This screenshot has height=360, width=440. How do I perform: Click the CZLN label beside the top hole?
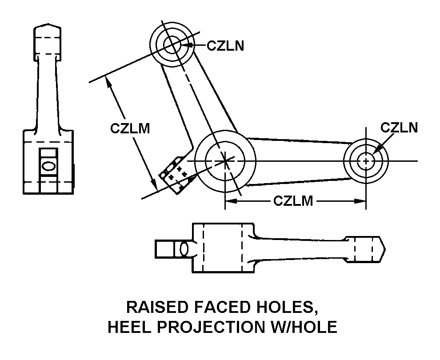point(226,45)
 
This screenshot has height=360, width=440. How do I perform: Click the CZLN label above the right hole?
point(399,128)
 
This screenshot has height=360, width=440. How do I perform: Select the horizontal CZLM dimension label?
point(293,201)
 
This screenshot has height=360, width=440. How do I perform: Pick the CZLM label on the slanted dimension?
point(129,128)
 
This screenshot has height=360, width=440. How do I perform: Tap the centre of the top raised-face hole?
point(171,44)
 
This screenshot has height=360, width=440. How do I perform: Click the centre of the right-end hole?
point(366,160)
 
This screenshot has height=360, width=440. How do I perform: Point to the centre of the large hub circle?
point(225,160)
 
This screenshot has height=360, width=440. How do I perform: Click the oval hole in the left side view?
point(48,166)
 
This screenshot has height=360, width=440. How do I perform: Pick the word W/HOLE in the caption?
point(302,327)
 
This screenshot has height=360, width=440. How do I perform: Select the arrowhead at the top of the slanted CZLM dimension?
point(107,80)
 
